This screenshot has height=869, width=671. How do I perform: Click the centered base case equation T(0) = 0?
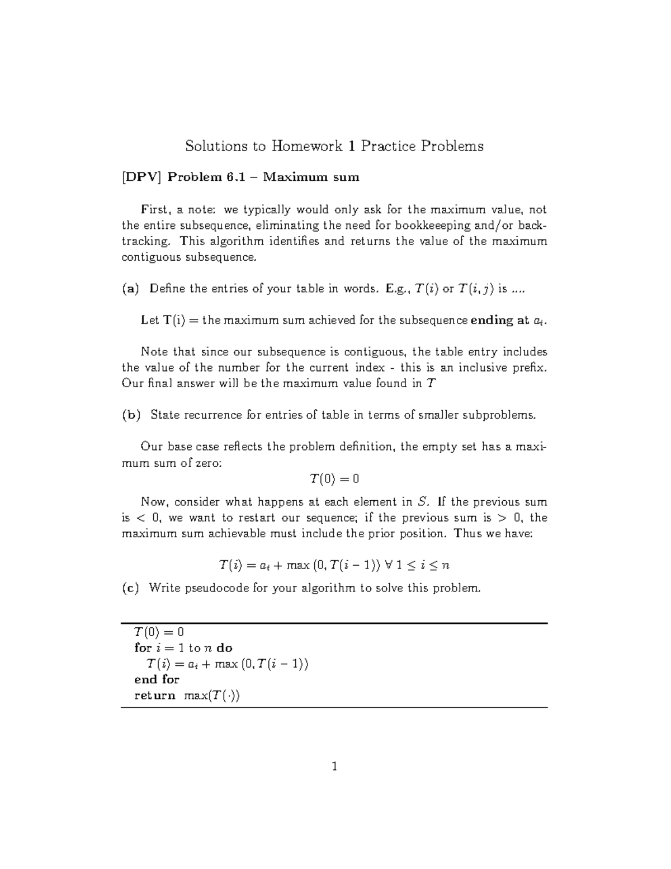334,479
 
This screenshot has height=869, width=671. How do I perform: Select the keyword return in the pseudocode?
154,696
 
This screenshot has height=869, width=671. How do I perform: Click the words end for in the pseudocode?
157,679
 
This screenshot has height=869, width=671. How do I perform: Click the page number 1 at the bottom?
334,766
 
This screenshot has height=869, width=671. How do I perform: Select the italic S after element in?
422,502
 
